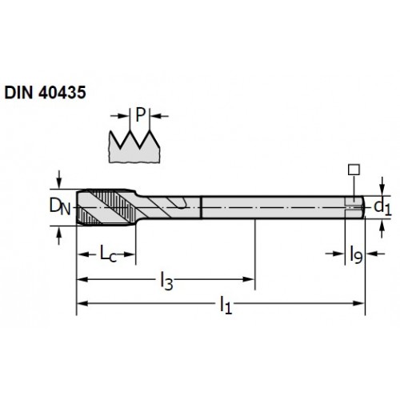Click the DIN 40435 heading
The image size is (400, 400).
coord(45,93)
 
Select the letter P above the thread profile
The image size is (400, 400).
coord(140,114)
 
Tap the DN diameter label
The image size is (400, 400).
coord(60,207)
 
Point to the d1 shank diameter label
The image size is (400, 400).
coord(382,207)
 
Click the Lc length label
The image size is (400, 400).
coord(108,254)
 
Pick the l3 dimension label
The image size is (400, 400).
coord(166,281)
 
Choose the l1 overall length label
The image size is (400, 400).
coord(226,305)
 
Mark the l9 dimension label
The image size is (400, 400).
coord(356,254)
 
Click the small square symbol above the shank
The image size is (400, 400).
coord(354,170)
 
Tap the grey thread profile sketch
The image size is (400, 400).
coord(134,147)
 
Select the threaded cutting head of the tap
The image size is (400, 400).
coord(106,207)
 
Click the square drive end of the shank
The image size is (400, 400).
coord(354,207)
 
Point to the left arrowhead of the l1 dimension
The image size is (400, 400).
coord(82,303)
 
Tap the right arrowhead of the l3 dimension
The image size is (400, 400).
coord(248,279)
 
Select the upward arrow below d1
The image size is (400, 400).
coord(382,229)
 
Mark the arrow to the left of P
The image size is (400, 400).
coord(120,116)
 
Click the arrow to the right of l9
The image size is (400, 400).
coord(375,254)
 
